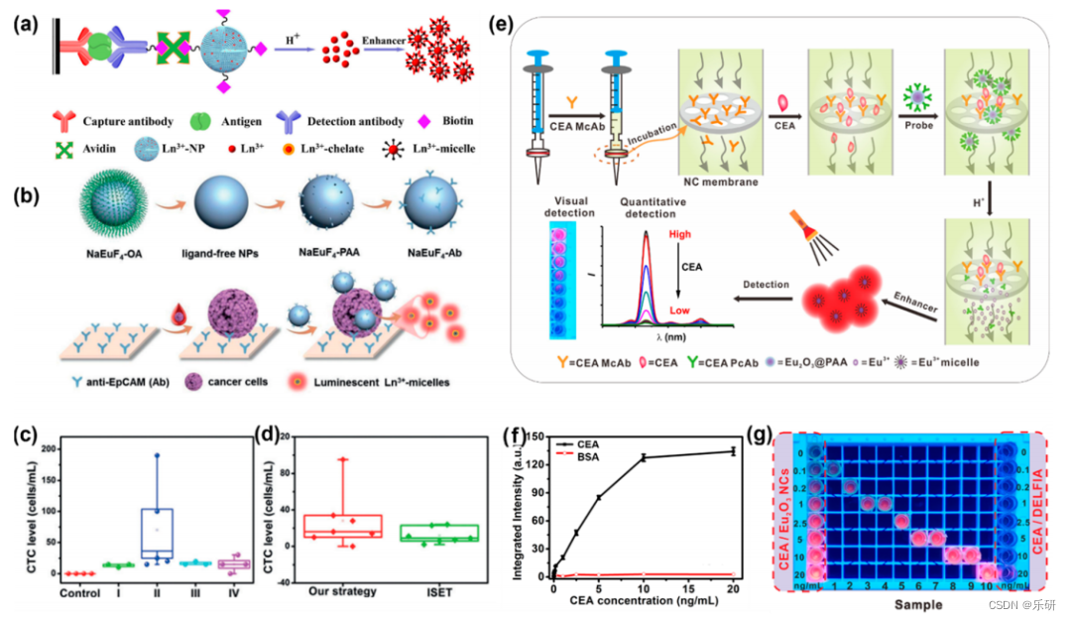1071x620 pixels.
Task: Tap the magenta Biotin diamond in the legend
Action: click(452, 121)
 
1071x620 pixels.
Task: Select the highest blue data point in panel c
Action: click(157, 455)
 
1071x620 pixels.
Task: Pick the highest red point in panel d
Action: click(343, 459)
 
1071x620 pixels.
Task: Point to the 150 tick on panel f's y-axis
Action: click(535, 435)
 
